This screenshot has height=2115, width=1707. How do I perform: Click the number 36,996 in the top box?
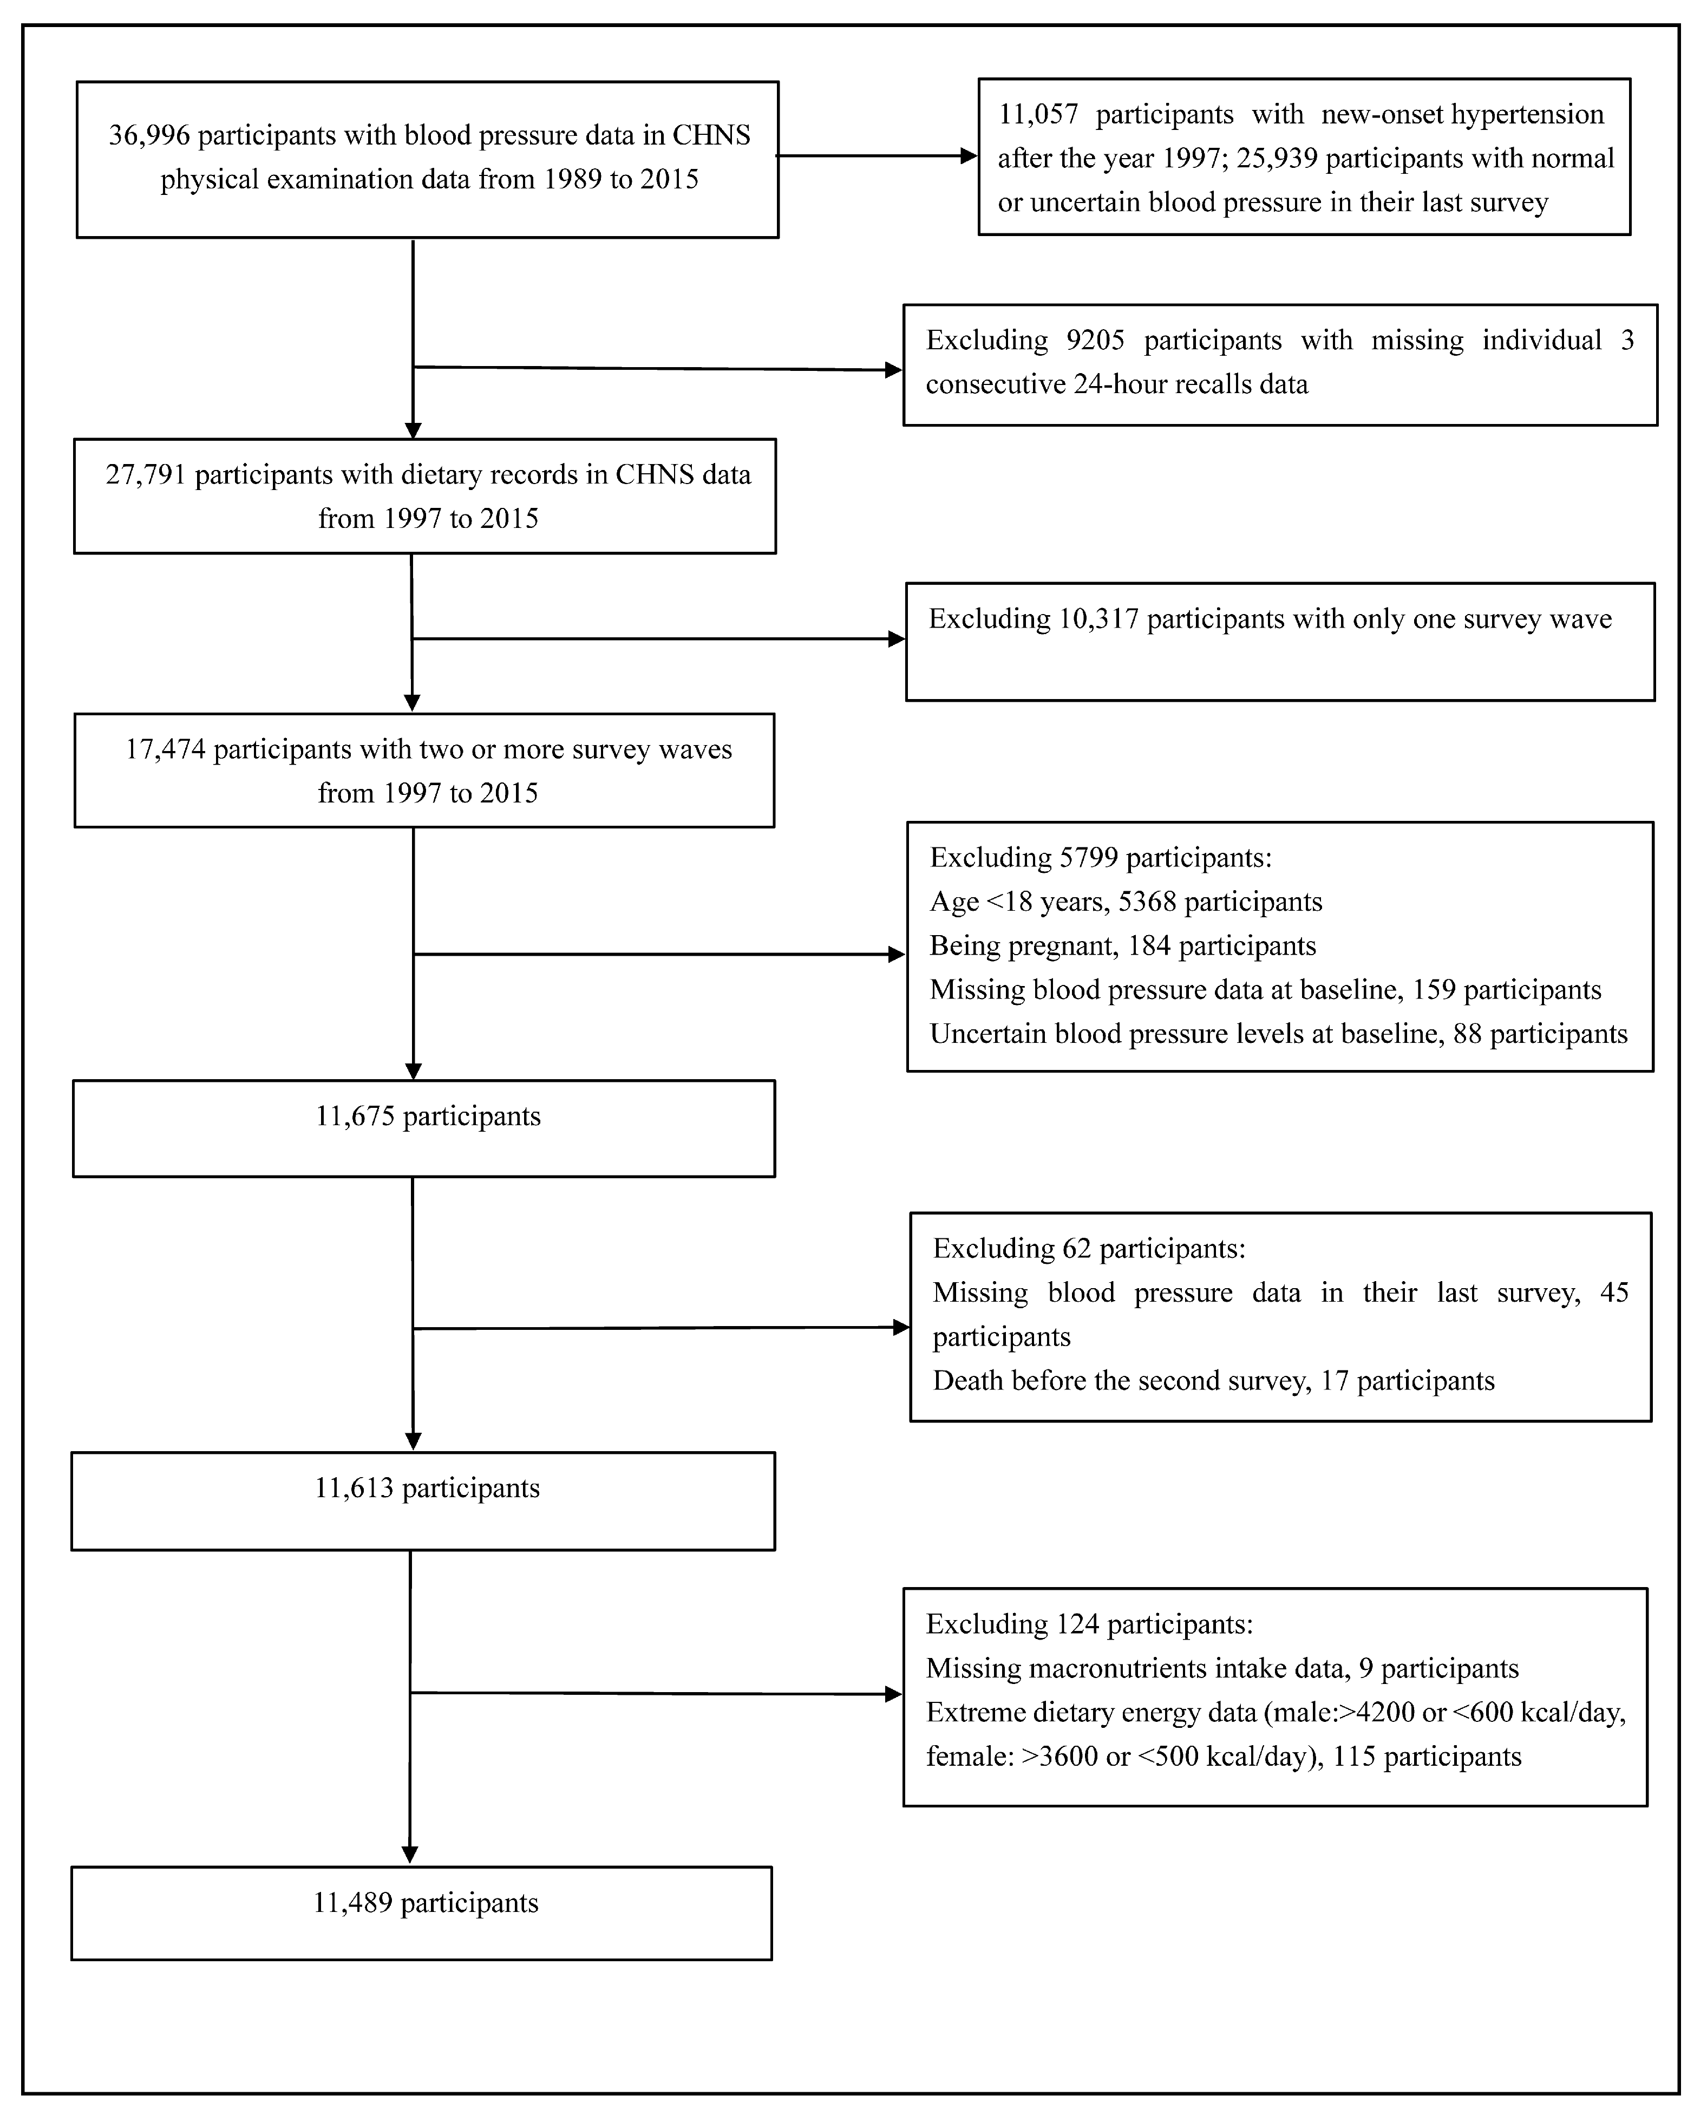148,136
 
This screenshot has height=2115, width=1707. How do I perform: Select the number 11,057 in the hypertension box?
1038,115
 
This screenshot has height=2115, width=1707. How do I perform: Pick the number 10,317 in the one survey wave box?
1098,619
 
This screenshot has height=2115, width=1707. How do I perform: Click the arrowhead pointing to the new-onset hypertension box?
969,155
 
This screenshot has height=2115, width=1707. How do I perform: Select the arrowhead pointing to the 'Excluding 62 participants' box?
901,1327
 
